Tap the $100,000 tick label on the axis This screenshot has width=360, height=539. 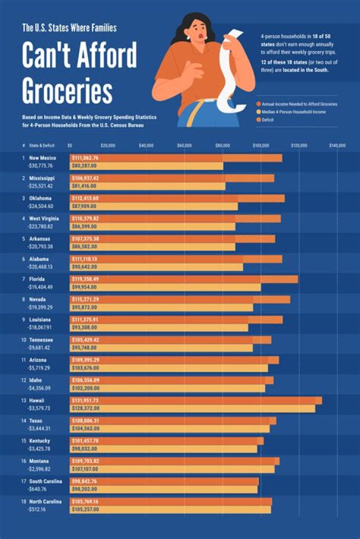pos(261,145)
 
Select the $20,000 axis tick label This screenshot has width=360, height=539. pos(108,145)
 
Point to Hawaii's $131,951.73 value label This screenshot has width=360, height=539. pos(85,401)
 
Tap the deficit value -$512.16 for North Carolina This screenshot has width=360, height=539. pos(40,509)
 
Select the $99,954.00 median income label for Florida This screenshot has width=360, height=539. pos(85,287)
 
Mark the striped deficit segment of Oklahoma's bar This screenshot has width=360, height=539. pos(261,198)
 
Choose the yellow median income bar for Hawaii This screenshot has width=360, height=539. pos(192,408)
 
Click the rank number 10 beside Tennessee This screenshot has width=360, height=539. pos(23,340)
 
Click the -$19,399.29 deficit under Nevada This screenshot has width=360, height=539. pos(41,307)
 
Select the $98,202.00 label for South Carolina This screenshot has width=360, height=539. pos(85,489)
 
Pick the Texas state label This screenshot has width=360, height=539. pos(36,421)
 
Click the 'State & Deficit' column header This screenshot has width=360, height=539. pos(42,145)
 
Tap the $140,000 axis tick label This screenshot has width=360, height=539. pos(337,145)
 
